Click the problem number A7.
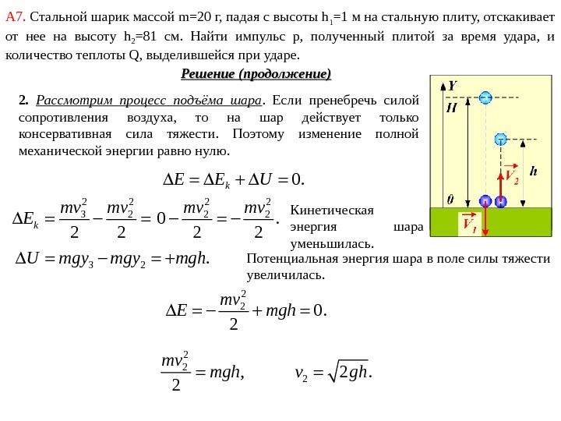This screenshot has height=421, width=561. (16, 16)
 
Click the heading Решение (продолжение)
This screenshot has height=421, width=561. (256, 74)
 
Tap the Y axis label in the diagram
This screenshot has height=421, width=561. (453, 86)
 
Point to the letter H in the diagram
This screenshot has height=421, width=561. (451, 108)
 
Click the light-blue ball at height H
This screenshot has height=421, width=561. (486, 97)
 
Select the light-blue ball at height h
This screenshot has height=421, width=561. (500, 140)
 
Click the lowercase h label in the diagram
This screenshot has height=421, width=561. (533, 170)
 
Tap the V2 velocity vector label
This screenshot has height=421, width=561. (511, 176)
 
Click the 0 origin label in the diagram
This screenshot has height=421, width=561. (450, 199)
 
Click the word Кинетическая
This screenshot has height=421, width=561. (331, 210)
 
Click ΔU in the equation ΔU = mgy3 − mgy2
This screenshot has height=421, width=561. (28, 260)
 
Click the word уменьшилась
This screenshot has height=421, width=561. (331, 244)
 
